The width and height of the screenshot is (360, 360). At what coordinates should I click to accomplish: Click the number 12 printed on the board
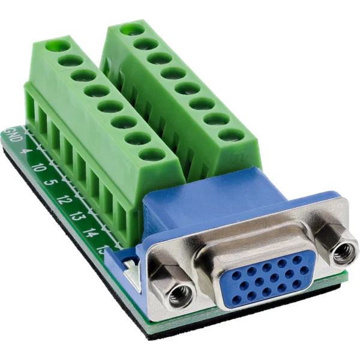(x=64, y=200)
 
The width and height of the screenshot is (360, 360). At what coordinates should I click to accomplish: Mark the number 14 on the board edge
(x=91, y=232)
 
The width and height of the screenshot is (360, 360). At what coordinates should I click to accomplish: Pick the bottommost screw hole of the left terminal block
(x=152, y=154)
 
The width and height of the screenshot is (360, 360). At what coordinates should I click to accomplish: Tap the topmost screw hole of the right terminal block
(x=132, y=29)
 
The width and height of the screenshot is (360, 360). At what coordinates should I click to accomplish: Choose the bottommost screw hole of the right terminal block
(x=230, y=134)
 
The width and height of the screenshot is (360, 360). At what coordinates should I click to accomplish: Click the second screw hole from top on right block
(x=146, y=44)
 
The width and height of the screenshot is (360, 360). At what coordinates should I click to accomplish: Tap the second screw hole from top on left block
(x=71, y=60)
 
